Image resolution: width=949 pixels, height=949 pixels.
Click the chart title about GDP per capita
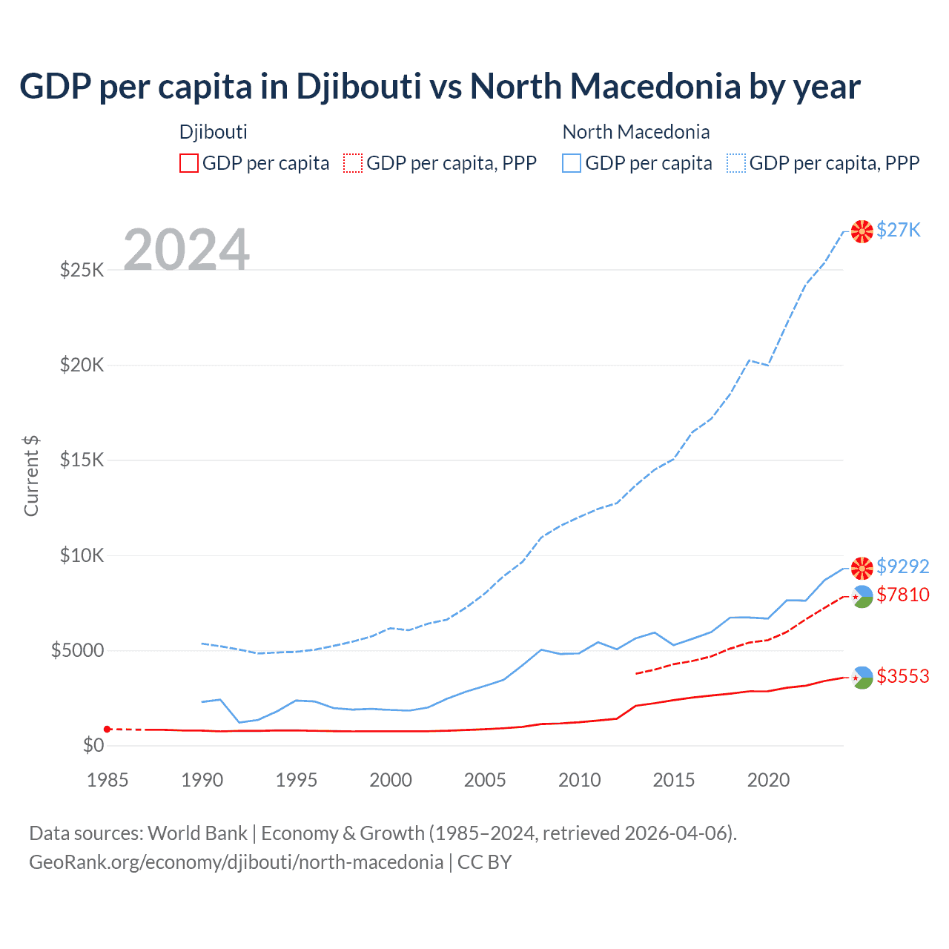(x=440, y=87)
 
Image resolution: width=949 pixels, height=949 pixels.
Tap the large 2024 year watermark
(x=186, y=250)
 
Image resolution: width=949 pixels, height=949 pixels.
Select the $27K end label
(x=899, y=230)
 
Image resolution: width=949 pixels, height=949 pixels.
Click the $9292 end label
(x=902, y=566)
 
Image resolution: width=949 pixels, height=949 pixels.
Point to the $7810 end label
(x=902, y=595)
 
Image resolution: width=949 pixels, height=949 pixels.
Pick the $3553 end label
(x=902, y=676)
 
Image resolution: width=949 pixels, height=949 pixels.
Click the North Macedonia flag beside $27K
(x=862, y=231)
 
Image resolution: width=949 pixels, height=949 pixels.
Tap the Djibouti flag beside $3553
(x=862, y=677)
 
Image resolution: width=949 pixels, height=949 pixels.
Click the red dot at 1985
(x=108, y=729)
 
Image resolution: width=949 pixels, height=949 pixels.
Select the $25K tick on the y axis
(x=82, y=270)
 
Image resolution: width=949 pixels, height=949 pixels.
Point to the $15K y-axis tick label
(x=82, y=460)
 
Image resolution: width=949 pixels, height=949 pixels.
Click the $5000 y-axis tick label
(x=77, y=650)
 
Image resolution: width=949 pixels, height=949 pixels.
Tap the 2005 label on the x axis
(x=485, y=780)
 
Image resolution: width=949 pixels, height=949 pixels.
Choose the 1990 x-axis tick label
(x=202, y=780)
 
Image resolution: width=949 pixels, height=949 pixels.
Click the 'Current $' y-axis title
(x=31, y=476)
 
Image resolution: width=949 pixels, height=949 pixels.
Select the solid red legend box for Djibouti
(x=189, y=163)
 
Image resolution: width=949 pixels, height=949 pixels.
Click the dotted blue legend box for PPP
(x=736, y=163)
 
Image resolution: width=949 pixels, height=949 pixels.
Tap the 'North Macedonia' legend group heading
(x=636, y=132)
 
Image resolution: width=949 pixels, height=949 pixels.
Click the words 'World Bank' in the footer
(x=197, y=833)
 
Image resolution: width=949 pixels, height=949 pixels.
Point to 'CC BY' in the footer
(x=484, y=862)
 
